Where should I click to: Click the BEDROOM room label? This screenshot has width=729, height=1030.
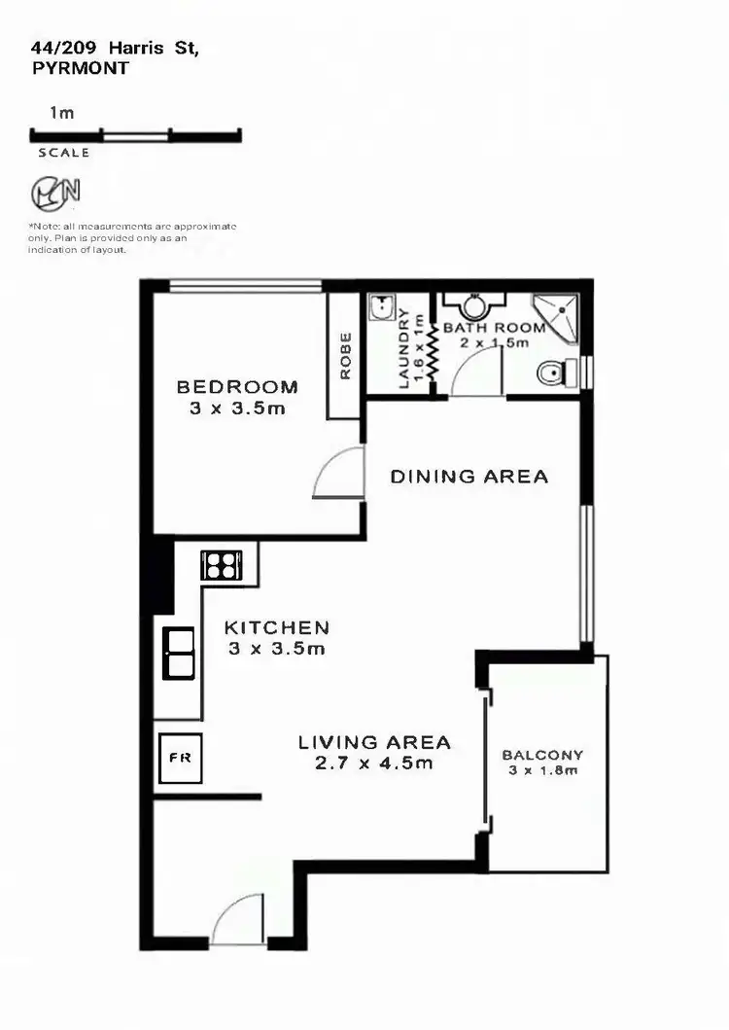tap(237, 387)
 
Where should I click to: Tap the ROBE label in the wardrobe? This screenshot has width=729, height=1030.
tap(344, 356)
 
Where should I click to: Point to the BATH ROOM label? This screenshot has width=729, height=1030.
tap(494, 328)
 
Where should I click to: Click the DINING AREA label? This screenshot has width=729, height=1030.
tap(469, 477)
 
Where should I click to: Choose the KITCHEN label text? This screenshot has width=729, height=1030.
tap(277, 627)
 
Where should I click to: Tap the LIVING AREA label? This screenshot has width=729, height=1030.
tap(374, 742)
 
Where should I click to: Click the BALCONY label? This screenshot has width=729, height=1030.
tap(542, 755)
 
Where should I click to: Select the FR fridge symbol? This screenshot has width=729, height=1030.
tap(181, 757)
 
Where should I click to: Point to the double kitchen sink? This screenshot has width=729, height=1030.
tap(179, 653)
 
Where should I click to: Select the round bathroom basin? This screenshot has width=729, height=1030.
tap(473, 306)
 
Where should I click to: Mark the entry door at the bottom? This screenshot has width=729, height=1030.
tap(238, 922)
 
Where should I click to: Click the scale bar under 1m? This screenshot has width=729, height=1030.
tap(136, 135)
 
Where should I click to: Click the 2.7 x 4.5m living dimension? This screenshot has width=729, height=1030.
tap(374, 764)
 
